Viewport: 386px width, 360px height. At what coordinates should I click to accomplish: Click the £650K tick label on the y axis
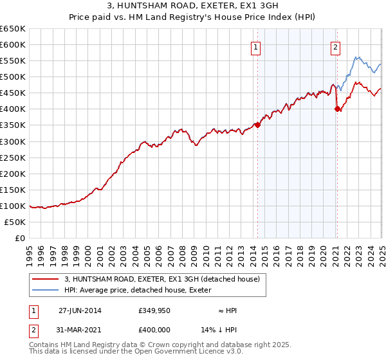(x=13, y=29)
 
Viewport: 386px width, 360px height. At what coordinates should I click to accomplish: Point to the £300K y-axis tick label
(x=13, y=141)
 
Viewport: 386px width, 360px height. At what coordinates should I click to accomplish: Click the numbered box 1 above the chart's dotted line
(x=256, y=47)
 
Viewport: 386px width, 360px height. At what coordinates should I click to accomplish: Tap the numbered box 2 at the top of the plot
(x=336, y=47)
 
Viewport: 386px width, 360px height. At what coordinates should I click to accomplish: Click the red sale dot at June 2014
(x=257, y=125)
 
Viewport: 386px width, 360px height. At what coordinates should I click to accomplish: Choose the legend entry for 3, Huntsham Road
(x=161, y=279)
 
